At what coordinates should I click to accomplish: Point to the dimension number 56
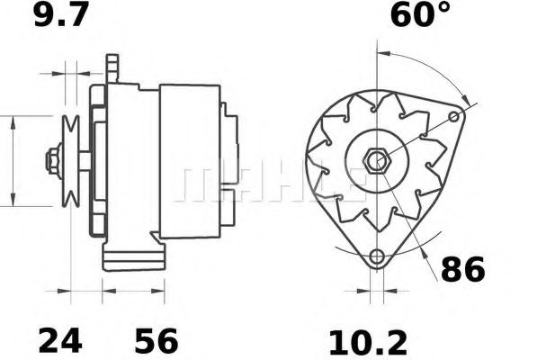156,340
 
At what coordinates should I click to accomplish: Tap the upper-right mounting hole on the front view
457,117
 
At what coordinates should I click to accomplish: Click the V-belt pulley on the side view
70,161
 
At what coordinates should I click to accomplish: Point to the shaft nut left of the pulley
52,161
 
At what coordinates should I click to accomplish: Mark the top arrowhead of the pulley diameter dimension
13,121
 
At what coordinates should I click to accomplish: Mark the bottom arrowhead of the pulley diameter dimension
13,202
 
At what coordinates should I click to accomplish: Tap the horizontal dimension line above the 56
135,291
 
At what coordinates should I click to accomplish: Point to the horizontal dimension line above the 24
81,291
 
